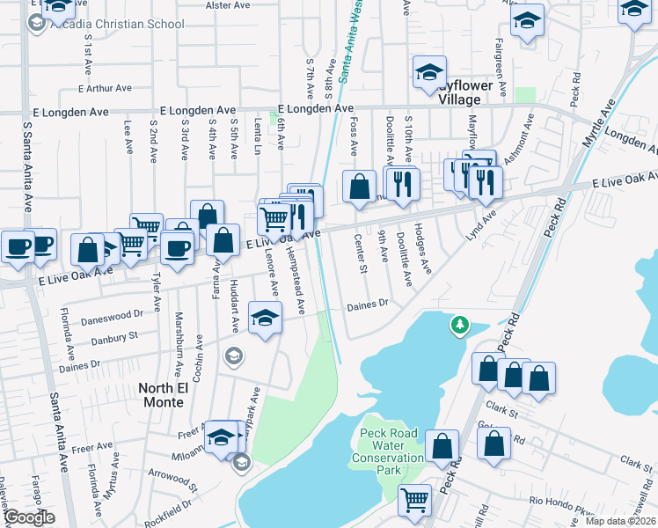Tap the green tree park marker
[x=458, y=326]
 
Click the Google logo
[x=28, y=517]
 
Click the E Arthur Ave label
[x=104, y=88]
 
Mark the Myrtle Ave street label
[x=599, y=126]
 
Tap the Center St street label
[x=361, y=253]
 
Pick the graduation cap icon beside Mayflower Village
[x=429, y=73]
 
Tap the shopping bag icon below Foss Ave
[x=358, y=187]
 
